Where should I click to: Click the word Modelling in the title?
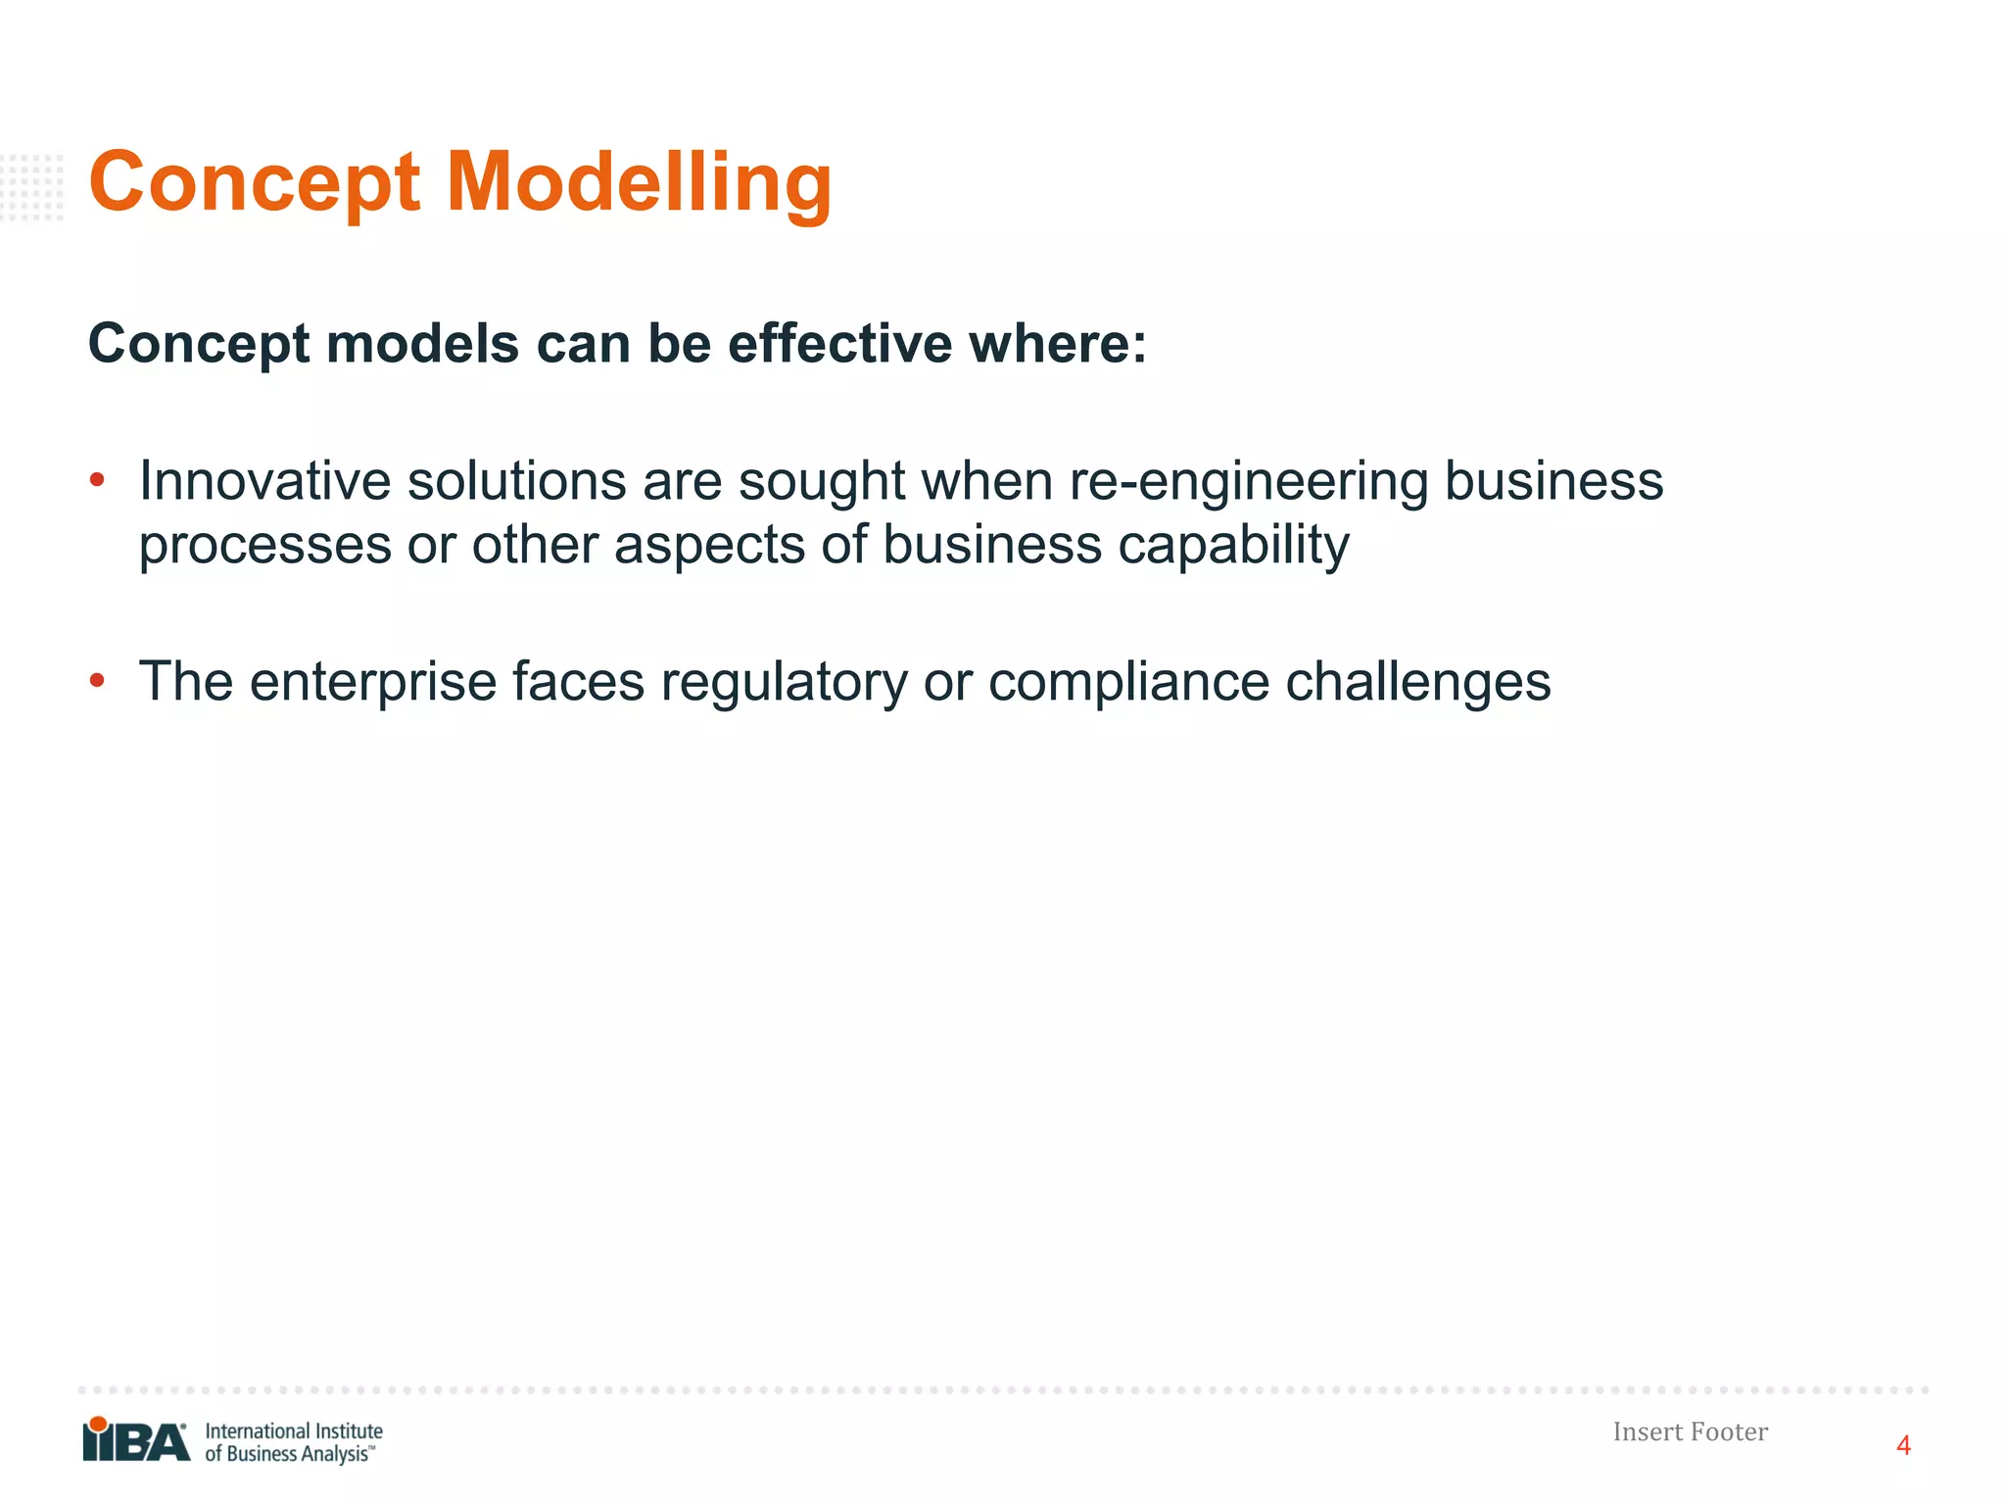pos(639,184)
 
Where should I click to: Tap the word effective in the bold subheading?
pos(839,344)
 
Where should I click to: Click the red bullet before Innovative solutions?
pos(97,480)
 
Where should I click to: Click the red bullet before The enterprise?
pos(97,680)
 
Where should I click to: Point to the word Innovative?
pos(263,481)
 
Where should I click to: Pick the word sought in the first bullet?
pos(821,483)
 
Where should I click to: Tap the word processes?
pos(264,547)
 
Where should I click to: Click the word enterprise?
pos(373,683)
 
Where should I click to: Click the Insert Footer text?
pos(1690,1432)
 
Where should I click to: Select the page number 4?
pos(1903,1446)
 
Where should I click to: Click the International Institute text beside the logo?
pos(293,1431)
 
